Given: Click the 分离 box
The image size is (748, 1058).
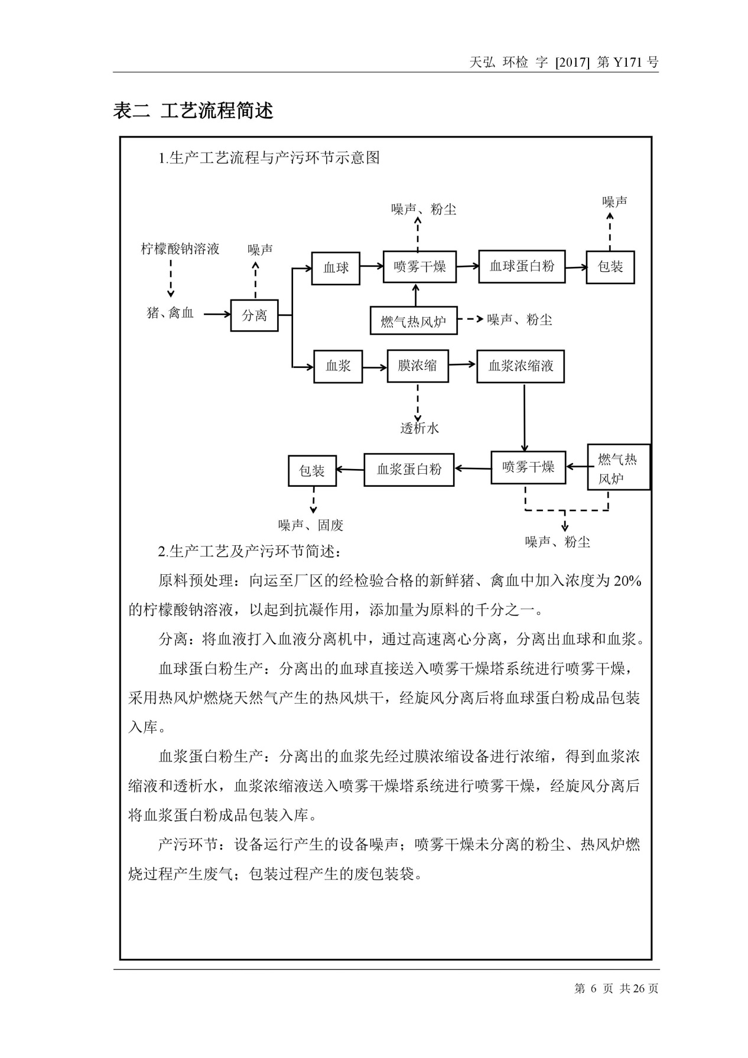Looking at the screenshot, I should coord(254,315).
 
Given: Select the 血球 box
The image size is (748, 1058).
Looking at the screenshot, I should coord(336,268).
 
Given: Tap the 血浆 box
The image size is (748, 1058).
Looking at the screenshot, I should coord(338,366).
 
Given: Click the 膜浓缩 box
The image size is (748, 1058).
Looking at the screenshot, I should coord(418,366).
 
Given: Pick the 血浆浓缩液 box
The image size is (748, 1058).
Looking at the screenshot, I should coord(521,366).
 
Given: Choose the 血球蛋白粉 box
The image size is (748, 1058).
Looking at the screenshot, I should coord(522,266).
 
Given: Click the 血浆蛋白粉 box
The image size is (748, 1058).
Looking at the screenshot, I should coord(409,470).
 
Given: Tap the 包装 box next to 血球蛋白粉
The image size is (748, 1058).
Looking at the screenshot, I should coord(610,266).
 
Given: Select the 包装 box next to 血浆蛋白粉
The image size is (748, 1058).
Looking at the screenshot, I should coord(312,471).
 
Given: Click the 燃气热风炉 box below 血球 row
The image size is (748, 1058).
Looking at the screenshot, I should coord(414,322).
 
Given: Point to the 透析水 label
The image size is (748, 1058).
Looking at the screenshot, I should coord(419,428).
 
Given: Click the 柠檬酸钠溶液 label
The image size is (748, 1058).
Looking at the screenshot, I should coord(180,249).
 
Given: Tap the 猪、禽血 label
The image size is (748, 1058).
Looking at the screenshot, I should coord(170,313).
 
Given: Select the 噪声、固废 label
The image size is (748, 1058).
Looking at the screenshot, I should coord(311,525).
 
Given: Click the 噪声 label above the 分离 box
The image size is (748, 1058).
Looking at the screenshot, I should coord(260,249).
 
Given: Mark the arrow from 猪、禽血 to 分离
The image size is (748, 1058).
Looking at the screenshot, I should coord(217,314).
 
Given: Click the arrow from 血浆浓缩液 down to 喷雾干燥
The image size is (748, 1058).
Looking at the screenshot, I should coord(524,417).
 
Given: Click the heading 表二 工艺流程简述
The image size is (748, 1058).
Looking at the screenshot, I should coord(193,110).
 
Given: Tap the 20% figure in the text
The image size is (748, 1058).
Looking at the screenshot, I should coord(627,581).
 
